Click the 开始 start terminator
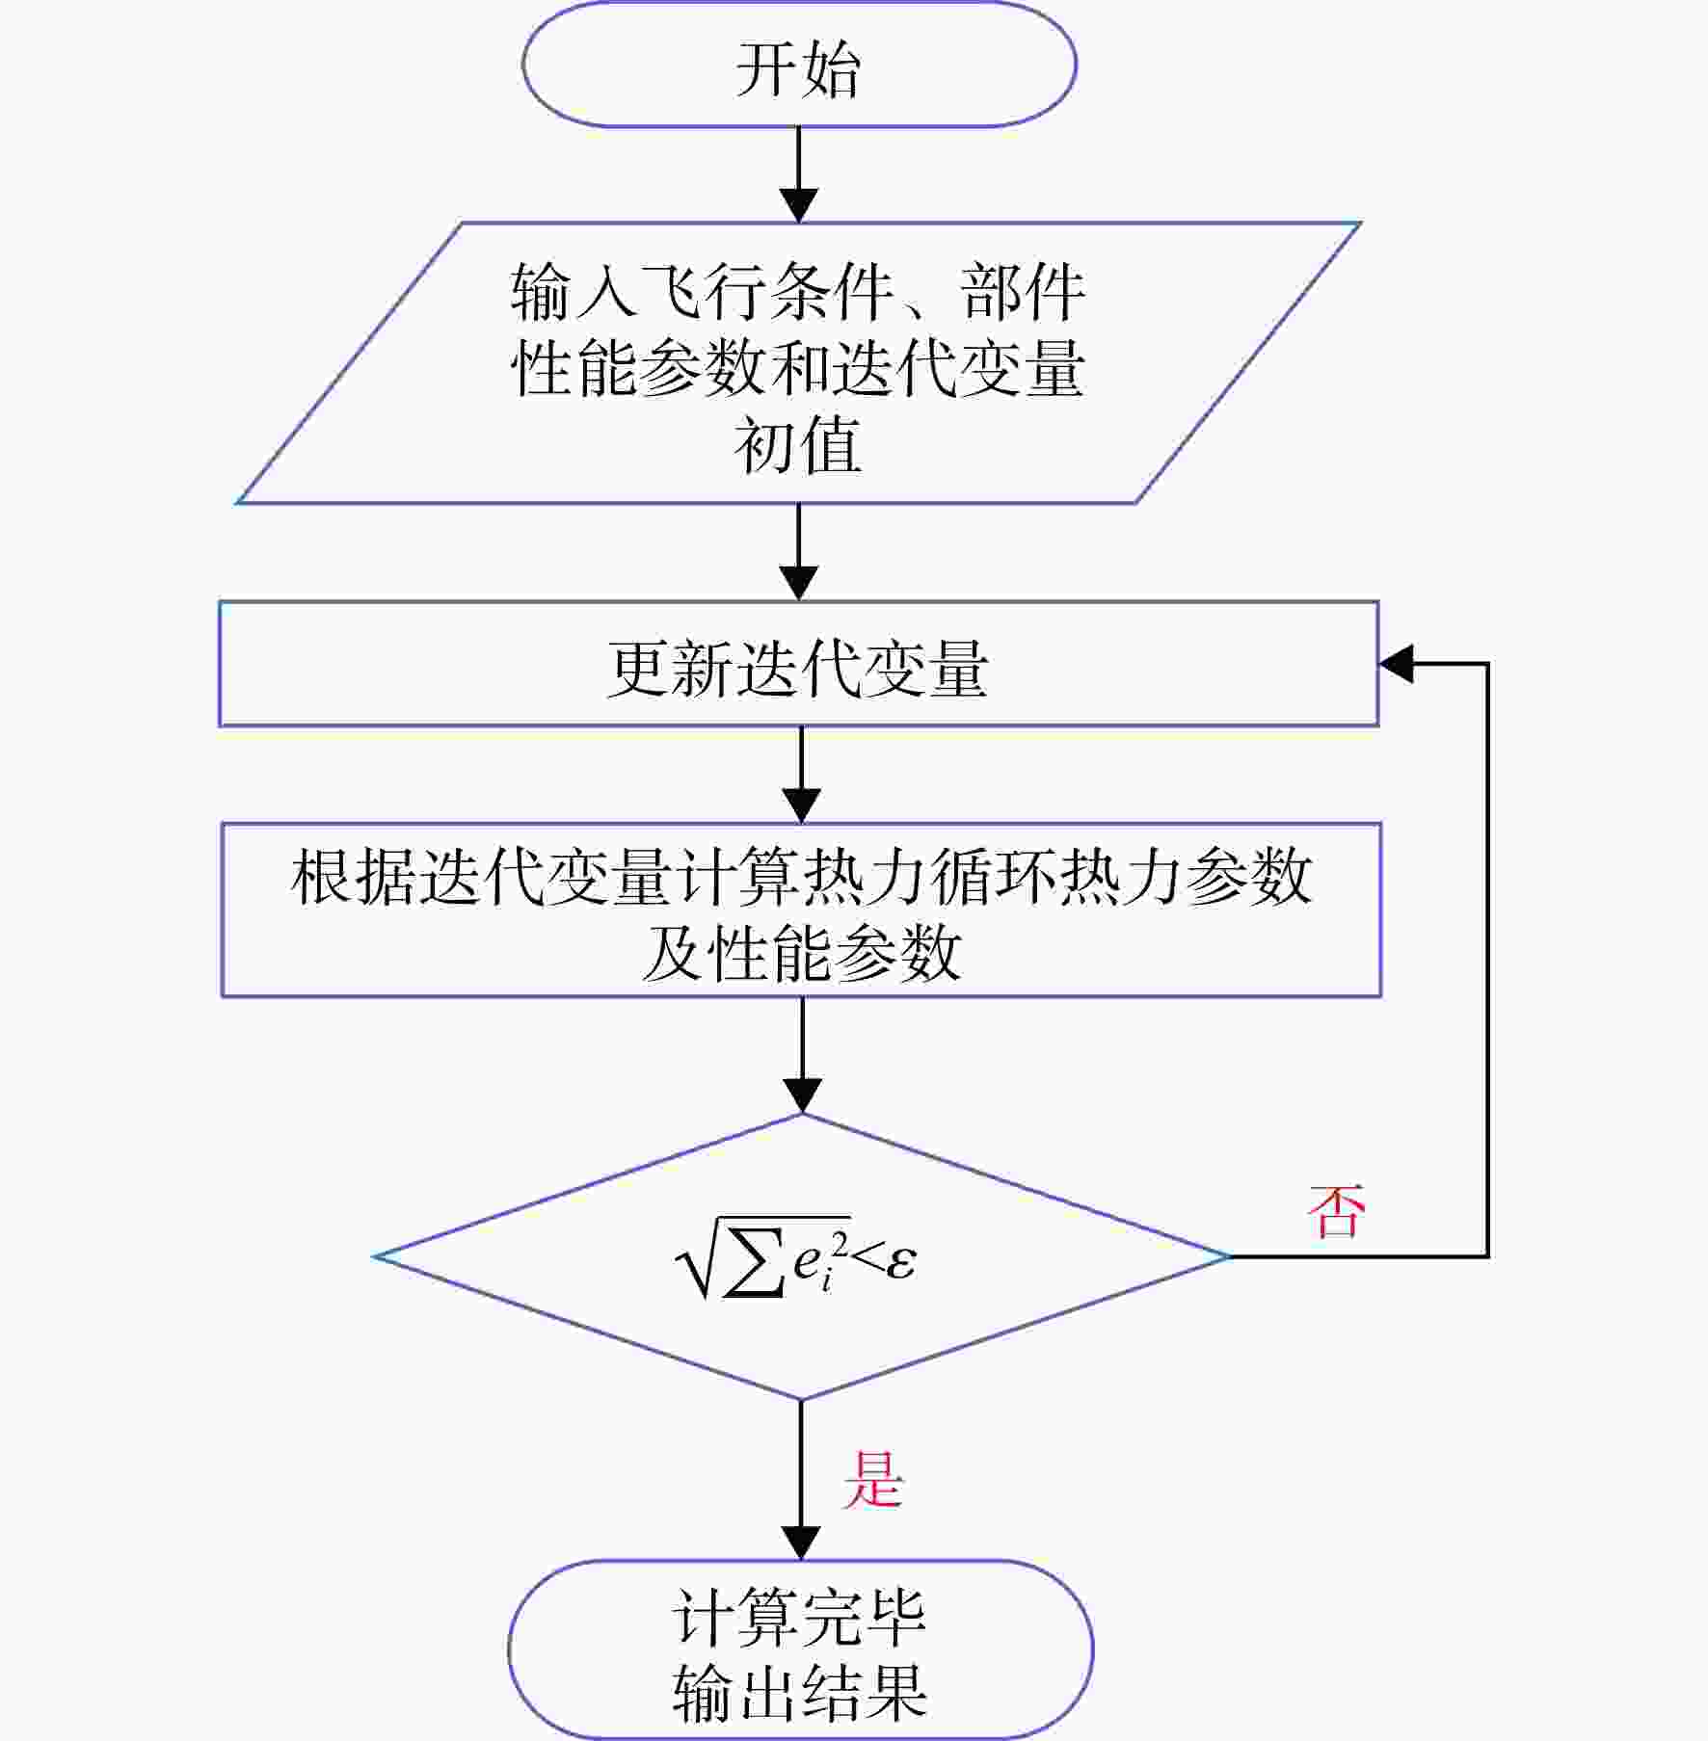pyautogui.click(x=799, y=65)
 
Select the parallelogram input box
pyautogui.click(x=799, y=363)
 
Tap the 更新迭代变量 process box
pyautogui.click(x=799, y=664)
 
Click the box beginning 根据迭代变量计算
pyautogui.click(x=801, y=910)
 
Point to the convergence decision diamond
pyautogui.click(x=802, y=1256)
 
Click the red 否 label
pyautogui.click(x=1336, y=1212)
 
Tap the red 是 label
pyautogui.click(x=873, y=1479)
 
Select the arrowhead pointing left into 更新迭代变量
pyautogui.click(x=1397, y=664)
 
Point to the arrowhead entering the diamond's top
pyautogui.click(x=802, y=1095)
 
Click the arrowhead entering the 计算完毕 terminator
pyautogui.click(x=801, y=1543)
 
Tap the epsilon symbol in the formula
pyautogui.click(x=900, y=1260)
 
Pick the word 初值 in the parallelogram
pyautogui.click(x=798, y=445)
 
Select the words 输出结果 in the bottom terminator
pyautogui.click(x=800, y=1692)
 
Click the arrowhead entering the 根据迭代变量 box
pyautogui.click(x=801, y=805)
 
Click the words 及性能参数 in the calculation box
pyautogui.click(x=801, y=953)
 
